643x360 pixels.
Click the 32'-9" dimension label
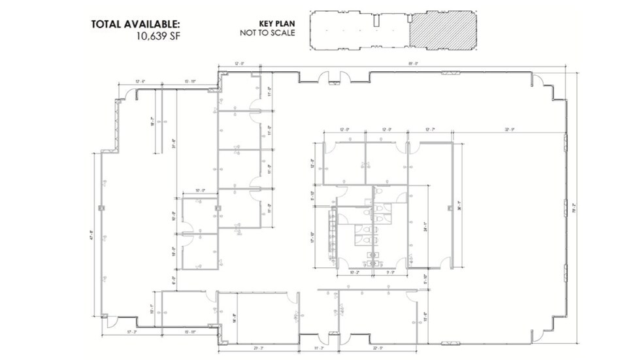pyautogui.click(x=510, y=129)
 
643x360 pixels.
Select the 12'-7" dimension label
pyautogui.click(x=430, y=129)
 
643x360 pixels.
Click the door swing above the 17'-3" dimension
pyautogui.click(x=111, y=321)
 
